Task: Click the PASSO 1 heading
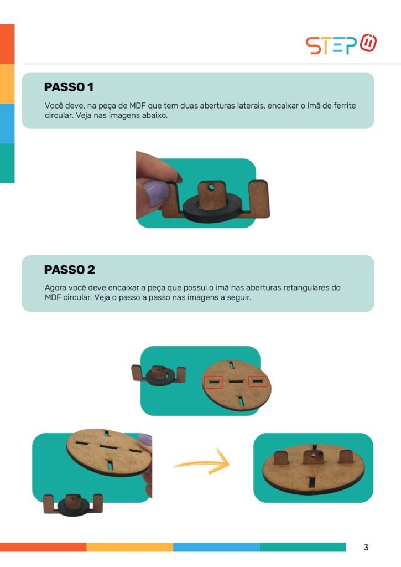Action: pos(69,87)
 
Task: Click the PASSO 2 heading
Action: pos(69,270)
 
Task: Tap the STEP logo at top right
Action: pos(341,44)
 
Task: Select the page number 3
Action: pos(366,547)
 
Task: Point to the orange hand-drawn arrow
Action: pos(202,463)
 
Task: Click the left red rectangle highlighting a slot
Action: pos(213,382)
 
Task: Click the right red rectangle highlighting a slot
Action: pos(258,381)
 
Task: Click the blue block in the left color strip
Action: pos(7,123)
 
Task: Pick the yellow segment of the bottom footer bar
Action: pos(129,547)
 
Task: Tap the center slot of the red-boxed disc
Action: pos(236,381)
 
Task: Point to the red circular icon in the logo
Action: pos(368,43)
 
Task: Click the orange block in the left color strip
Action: pos(7,44)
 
